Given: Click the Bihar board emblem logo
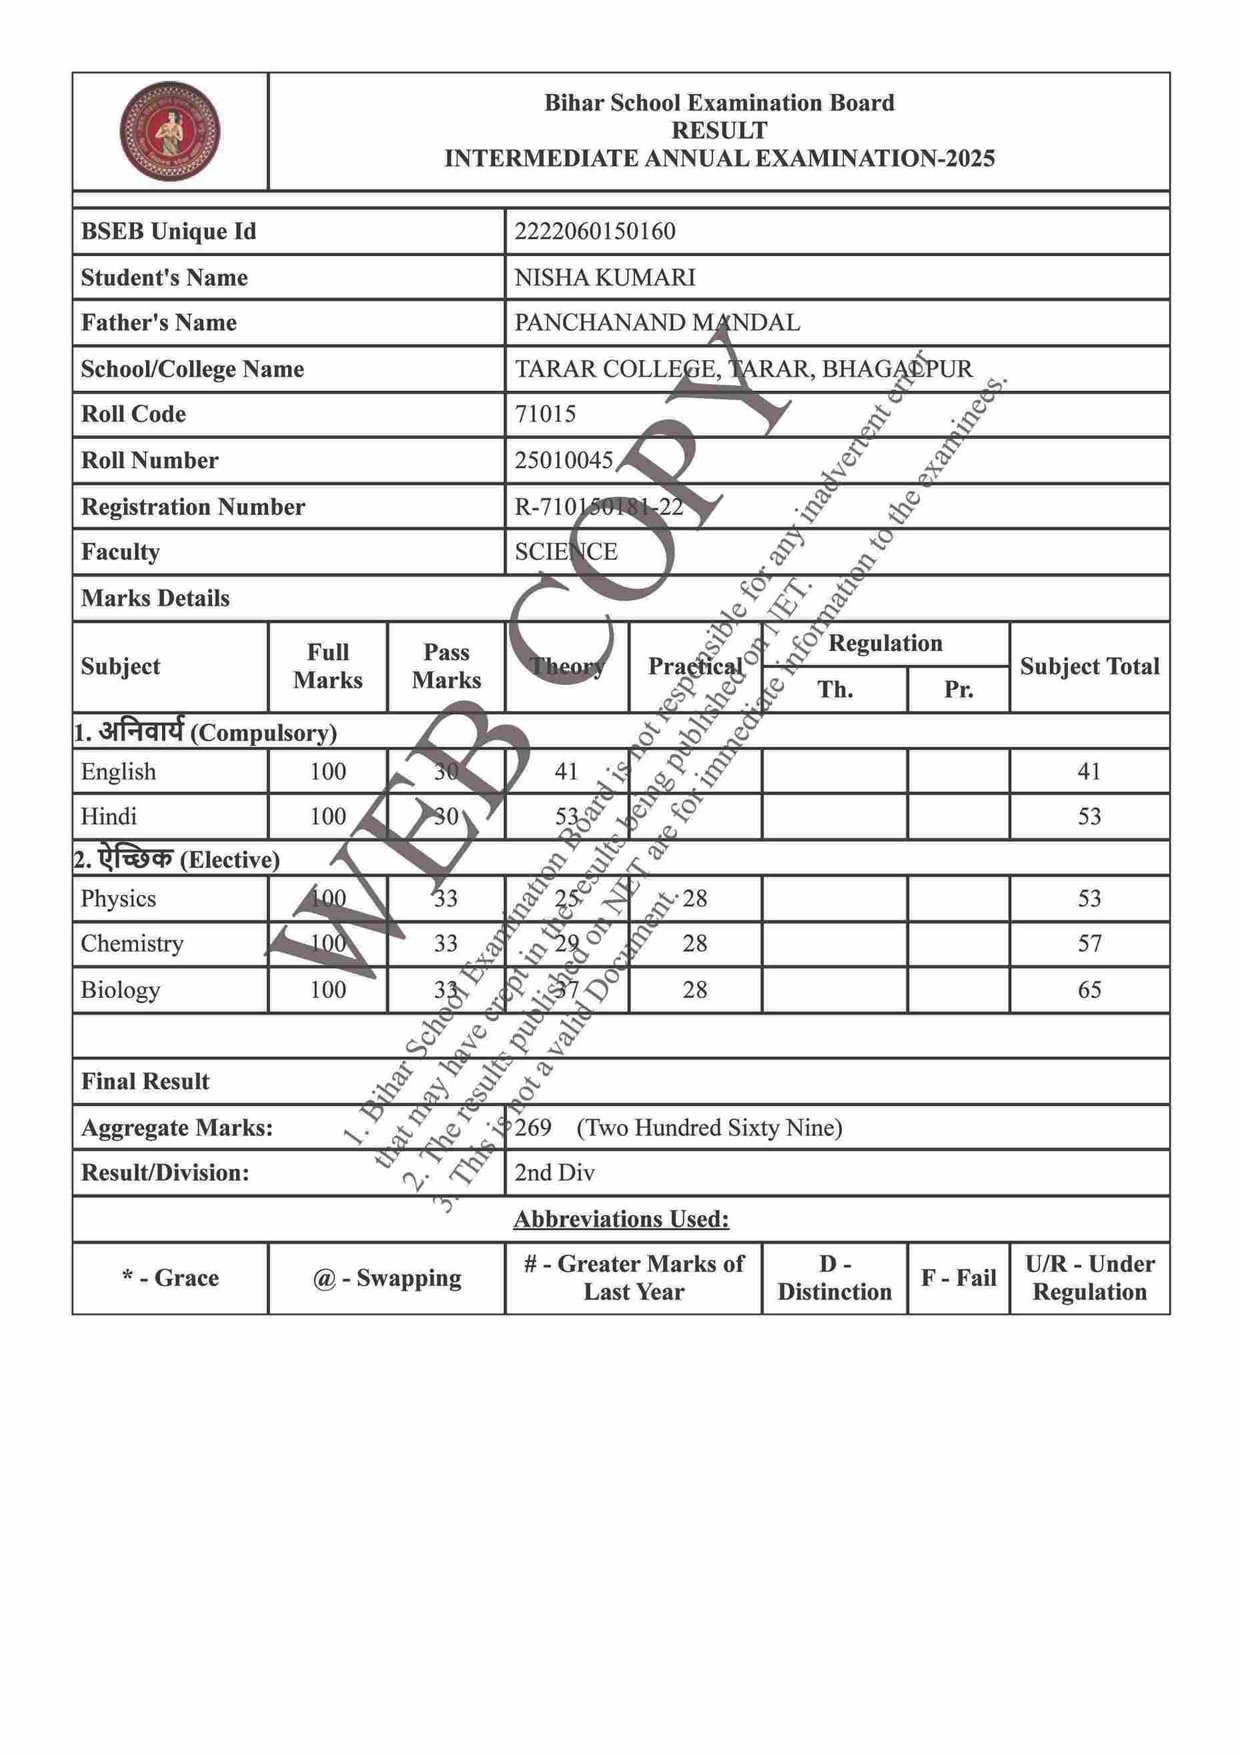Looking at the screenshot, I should (169, 131).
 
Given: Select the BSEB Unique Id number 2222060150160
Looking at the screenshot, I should (595, 231).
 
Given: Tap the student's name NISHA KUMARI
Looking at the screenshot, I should (605, 277).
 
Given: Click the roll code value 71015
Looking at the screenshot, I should (545, 414).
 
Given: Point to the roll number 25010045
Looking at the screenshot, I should (564, 460).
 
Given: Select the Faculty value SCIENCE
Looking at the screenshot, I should (566, 551).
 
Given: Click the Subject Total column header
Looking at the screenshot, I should (1089, 666).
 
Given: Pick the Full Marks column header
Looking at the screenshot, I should (328, 666).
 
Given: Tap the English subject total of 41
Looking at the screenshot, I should (1089, 771).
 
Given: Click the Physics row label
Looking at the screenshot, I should (119, 898).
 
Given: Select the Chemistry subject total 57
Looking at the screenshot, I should (1089, 943).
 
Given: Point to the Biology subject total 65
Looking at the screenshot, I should (1089, 989).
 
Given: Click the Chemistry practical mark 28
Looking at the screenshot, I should (694, 943).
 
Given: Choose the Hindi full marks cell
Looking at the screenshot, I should (328, 816).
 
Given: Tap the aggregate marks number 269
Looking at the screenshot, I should (533, 1127).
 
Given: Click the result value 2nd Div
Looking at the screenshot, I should (554, 1173).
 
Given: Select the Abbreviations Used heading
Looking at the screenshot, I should (621, 1219).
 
